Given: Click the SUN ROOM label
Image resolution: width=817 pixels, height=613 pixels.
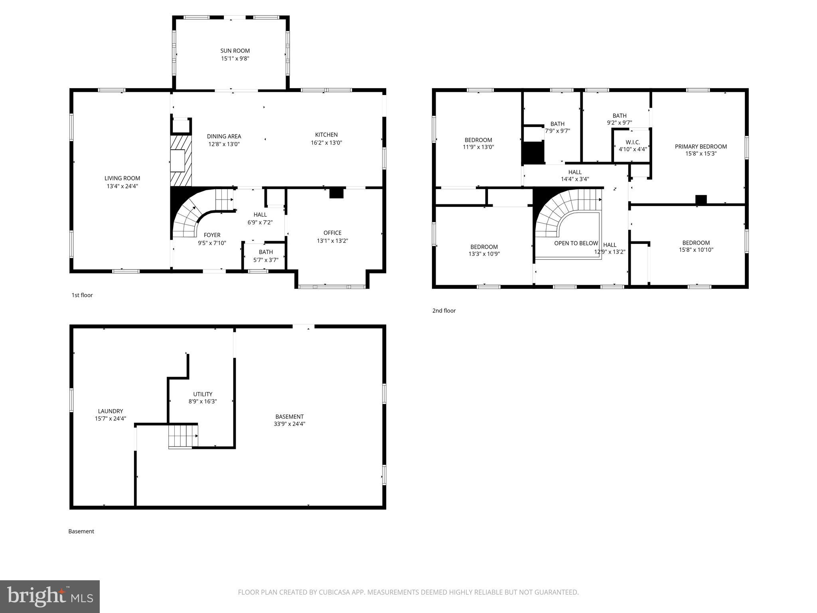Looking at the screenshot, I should tap(235, 51).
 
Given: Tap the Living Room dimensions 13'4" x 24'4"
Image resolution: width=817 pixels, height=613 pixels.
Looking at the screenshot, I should tap(122, 186).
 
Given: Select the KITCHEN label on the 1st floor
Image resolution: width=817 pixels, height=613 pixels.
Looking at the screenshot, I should tap(326, 135).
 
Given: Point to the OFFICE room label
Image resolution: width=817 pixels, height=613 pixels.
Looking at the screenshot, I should tap(332, 233).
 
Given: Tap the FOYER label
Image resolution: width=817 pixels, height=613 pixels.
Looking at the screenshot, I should tap(212, 235).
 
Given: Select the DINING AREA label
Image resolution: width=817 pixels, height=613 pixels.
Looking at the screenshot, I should tap(224, 136).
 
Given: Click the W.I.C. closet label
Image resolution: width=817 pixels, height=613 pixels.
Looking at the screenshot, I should tap(633, 142).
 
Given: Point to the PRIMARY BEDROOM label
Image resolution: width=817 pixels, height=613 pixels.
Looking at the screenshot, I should tap(701, 146).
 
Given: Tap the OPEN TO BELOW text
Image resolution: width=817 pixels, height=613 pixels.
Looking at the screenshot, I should tap(576, 243).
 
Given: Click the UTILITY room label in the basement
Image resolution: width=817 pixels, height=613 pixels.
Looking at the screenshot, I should tap(203, 394).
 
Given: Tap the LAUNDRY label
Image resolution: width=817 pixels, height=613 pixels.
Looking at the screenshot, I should tap(111, 411).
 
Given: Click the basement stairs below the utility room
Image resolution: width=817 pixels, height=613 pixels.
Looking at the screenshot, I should tap(183, 437).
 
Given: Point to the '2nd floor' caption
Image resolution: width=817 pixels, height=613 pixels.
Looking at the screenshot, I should tap(444, 310).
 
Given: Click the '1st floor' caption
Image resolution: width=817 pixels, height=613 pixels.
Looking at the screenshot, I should tap(82, 295).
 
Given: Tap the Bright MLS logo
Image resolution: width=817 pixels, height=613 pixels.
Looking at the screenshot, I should tap(50, 596).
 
